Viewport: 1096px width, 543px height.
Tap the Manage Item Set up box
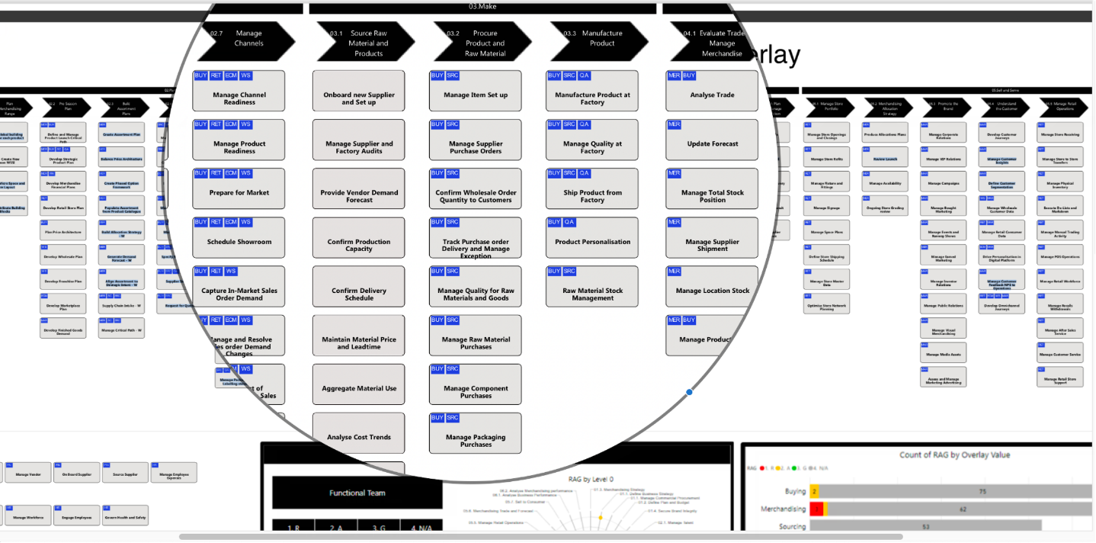476,95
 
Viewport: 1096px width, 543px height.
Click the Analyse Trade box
712,95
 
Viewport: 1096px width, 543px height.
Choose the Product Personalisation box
592,241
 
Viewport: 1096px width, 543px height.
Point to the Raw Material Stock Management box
592,291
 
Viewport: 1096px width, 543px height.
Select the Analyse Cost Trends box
359,437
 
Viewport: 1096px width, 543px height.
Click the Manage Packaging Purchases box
476,438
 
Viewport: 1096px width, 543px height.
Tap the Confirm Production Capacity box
359,243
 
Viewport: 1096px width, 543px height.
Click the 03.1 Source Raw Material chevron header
364,43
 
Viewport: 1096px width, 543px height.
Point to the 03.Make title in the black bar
482,7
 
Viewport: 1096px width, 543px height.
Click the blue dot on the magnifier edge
689,392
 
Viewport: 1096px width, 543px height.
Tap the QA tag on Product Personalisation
569,223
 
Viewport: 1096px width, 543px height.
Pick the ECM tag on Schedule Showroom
230,223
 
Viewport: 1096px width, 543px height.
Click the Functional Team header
357,493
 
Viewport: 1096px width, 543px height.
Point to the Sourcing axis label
792,526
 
